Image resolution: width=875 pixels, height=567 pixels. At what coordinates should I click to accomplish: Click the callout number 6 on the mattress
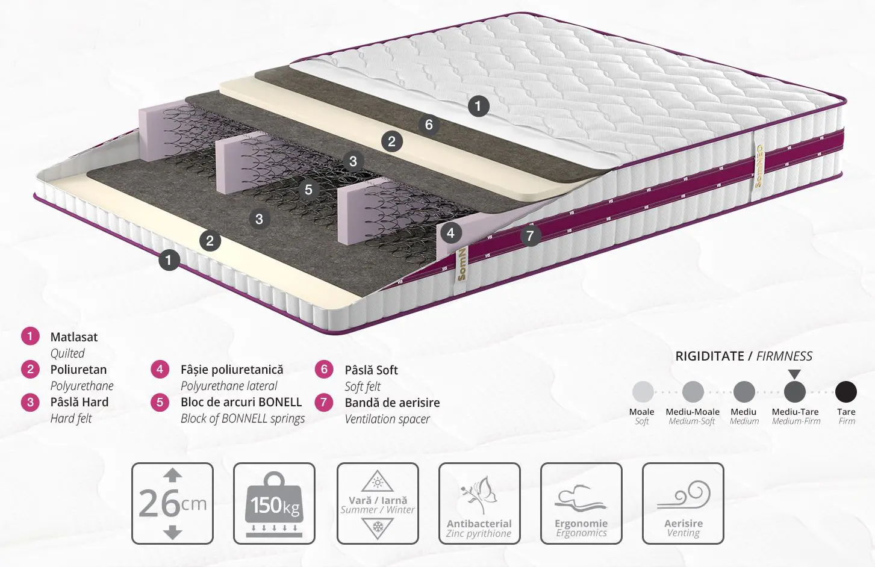(429, 125)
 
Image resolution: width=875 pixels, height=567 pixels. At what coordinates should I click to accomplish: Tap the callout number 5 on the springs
(308, 190)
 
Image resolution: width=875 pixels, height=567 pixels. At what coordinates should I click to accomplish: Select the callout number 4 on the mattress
(451, 233)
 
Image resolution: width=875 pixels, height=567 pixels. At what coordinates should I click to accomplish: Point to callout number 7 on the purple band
(530, 235)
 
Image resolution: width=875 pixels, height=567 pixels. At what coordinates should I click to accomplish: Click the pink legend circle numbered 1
(30, 336)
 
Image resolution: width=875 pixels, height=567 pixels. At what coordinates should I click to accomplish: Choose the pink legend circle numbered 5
(160, 402)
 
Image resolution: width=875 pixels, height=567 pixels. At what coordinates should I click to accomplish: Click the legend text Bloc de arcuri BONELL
(241, 402)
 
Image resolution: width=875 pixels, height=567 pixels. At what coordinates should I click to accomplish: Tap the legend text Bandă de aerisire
(392, 402)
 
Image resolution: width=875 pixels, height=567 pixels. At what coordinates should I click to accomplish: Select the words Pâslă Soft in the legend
(371, 370)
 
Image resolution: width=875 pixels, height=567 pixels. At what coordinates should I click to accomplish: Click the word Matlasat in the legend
(74, 337)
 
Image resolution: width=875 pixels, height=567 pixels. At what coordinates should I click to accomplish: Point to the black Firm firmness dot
(845, 392)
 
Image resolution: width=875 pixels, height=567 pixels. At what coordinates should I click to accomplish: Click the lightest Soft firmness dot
(643, 392)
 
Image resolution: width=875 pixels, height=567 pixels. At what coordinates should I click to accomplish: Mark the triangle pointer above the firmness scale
(794, 374)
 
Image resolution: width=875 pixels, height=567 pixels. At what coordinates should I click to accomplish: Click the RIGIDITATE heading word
(709, 356)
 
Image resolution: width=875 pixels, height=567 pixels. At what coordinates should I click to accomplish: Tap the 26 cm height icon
(172, 503)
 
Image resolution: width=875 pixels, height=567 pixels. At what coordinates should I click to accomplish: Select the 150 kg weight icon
(274, 503)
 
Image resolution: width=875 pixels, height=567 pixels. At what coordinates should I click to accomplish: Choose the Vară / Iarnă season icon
(378, 503)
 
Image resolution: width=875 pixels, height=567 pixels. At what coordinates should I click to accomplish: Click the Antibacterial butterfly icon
(480, 503)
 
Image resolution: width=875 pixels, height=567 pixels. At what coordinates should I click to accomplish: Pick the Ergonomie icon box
(581, 503)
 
